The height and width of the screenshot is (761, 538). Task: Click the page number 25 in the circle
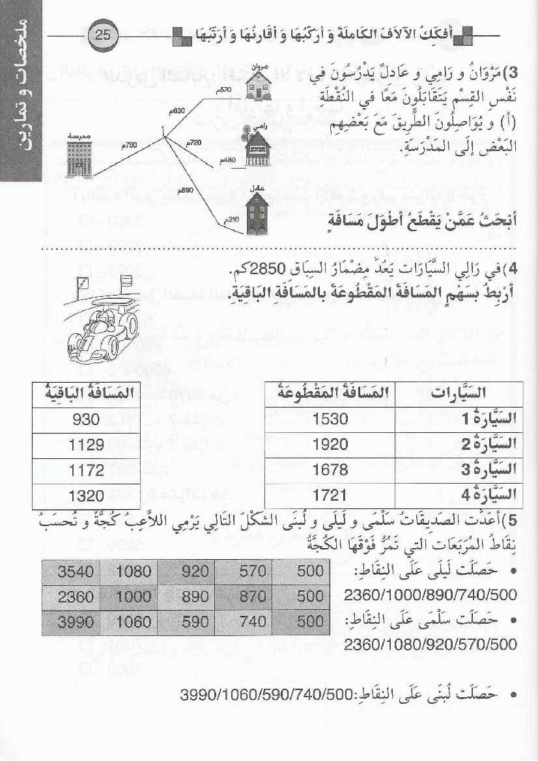click(103, 36)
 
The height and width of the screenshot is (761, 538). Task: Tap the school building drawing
click(78, 157)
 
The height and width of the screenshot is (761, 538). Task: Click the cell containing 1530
click(330, 419)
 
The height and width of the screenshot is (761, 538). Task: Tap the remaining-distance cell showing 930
click(86, 419)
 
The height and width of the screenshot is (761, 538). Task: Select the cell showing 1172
click(86, 470)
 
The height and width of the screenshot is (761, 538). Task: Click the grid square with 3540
click(76, 572)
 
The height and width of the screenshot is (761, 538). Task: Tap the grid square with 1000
click(134, 596)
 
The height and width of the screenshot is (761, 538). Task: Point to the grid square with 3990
click(76, 622)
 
